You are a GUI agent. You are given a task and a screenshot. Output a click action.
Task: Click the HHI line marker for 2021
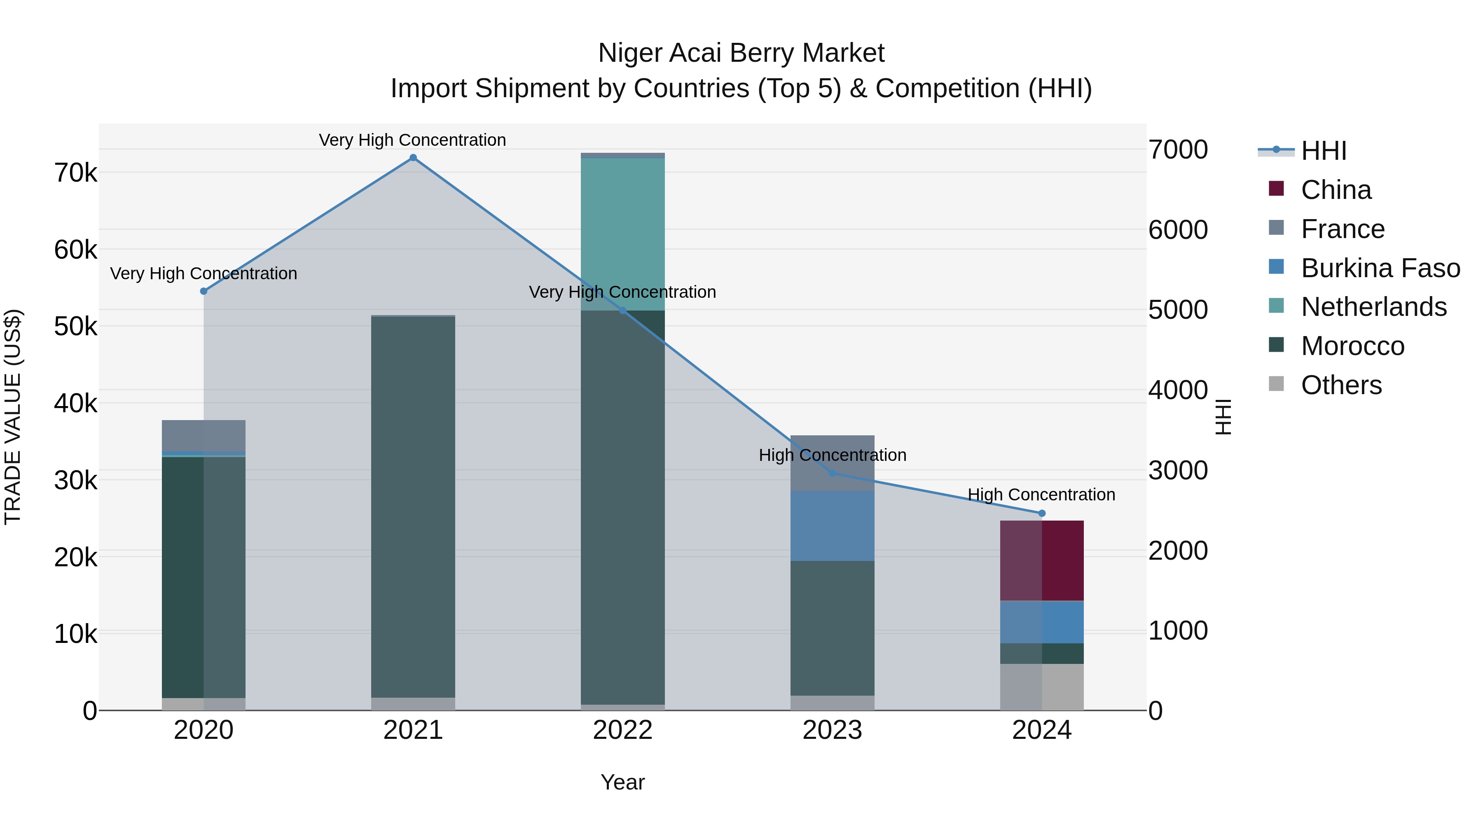click(x=413, y=158)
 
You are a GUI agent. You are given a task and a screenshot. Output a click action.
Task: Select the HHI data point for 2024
click(x=1041, y=514)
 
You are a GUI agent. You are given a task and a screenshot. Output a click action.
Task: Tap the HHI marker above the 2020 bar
click(x=203, y=291)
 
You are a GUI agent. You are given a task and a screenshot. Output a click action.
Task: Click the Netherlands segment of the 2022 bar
click(x=622, y=233)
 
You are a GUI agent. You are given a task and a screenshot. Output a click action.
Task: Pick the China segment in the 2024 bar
click(x=1041, y=560)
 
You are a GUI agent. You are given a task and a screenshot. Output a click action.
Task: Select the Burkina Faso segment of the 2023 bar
click(x=832, y=526)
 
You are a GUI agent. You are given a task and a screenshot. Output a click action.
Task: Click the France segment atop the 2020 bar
click(x=203, y=436)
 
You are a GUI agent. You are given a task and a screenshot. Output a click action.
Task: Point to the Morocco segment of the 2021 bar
click(x=413, y=507)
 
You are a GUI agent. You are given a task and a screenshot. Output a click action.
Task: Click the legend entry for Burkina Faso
click(x=1380, y=268)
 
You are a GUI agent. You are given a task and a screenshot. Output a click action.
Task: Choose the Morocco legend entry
click(x=1352, y=346)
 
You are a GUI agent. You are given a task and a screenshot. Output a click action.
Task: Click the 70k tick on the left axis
click(x=75, y=173)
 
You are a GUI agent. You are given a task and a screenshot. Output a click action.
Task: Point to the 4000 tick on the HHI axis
click(x=1178, y=390)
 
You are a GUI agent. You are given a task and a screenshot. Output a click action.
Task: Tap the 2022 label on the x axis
click(x=622, y=730)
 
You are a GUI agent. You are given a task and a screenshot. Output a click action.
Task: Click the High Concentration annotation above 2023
click(x=832, y=455)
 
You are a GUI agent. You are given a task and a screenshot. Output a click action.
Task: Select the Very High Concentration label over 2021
click(x=412, y=140)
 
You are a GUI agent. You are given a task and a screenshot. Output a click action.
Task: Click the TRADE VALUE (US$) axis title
click(x=13, y=417)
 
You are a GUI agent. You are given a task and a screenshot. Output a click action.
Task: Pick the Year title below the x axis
click(x=622, y=782)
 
